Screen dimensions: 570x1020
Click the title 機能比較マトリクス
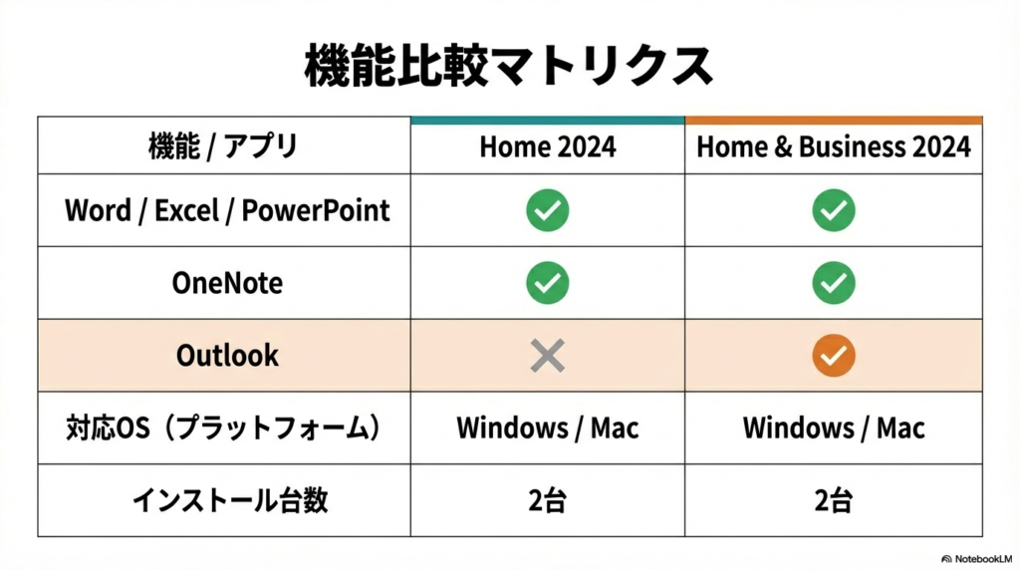tap(509, 67)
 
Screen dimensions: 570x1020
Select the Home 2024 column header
tap(547, 147)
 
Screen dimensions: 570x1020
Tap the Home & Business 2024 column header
tap(833, 147)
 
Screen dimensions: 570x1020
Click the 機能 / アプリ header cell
tap(223, 147)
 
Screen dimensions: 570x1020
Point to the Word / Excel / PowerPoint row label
tap(227, 210)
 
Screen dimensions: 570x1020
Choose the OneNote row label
tap(227, 283)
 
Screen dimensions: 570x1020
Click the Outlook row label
tap(227, 355)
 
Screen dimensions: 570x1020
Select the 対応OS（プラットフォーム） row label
tap(225, 428)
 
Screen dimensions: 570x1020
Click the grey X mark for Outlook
tap(547, 356)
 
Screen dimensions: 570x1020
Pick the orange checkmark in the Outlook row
tap(833, 356)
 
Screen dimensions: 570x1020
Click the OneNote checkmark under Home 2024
tap(547, 283)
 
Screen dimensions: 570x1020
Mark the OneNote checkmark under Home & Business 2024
tap(833, 283)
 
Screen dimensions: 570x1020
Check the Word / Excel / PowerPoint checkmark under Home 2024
tap(547, 210)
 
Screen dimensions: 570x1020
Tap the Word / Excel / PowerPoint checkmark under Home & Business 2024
tap(833, 210)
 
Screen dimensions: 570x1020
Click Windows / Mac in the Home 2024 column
tap(547, 428)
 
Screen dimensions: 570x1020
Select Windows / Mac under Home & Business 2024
tap(833, 428)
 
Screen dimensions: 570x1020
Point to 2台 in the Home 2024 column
tap(547, 500)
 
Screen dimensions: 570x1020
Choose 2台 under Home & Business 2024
tap(833, 500)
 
